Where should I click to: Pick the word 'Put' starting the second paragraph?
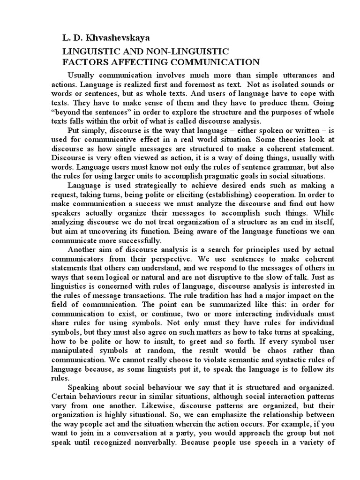click(x=75, y=130)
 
